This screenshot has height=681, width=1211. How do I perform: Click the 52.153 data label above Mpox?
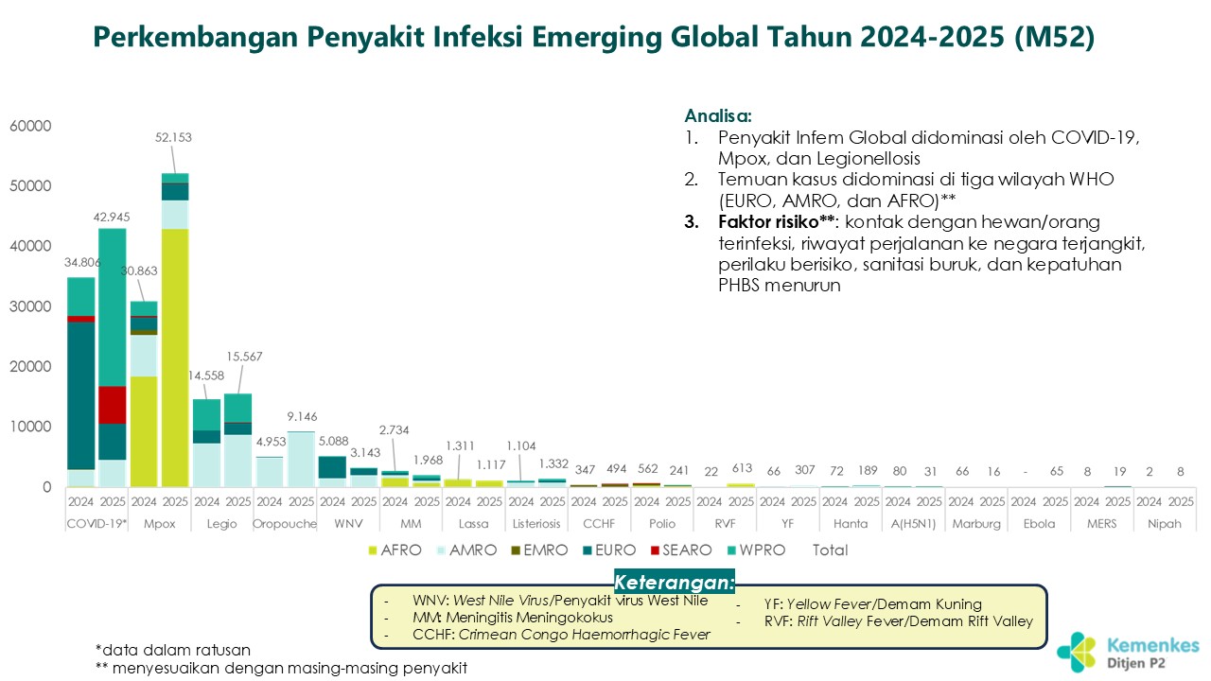pos(174,137)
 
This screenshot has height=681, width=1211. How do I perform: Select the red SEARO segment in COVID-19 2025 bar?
pos(112,405)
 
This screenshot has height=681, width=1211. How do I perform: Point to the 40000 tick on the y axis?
pos(32,246)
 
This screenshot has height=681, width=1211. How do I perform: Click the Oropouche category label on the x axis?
pos(285,523)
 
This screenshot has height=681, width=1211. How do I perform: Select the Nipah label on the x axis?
pos(1165,523)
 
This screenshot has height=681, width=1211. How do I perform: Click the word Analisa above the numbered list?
pos(718,116)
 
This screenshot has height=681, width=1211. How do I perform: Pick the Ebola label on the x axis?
pos(1039,523)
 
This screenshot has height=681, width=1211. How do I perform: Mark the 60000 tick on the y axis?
pos(32,126)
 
